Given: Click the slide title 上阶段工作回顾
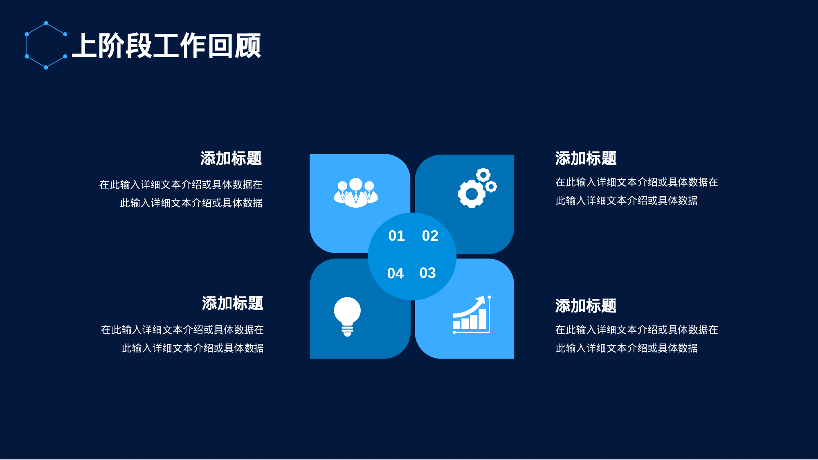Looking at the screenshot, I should coord(167,46).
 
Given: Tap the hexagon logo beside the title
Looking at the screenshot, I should coord(46,45).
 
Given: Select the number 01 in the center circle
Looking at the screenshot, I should coord(396,236).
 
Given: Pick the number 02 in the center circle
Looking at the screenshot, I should coord(430,236).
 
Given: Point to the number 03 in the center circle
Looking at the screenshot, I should coord(427,273).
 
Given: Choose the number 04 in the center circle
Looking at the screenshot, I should coord(395,273).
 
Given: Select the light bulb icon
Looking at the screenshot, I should coord(347,315).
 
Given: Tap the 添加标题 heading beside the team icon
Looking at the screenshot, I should coord(231,159).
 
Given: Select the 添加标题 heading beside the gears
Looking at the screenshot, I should coord(586,159).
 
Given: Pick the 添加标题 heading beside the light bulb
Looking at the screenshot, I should coord(232,303).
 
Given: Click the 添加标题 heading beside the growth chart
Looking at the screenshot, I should coord(586,306).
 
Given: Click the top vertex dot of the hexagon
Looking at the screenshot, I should coord(46,23).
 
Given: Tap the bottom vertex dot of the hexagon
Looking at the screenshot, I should coord(46,67).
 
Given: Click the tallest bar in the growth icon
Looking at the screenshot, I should coord(483,319).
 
